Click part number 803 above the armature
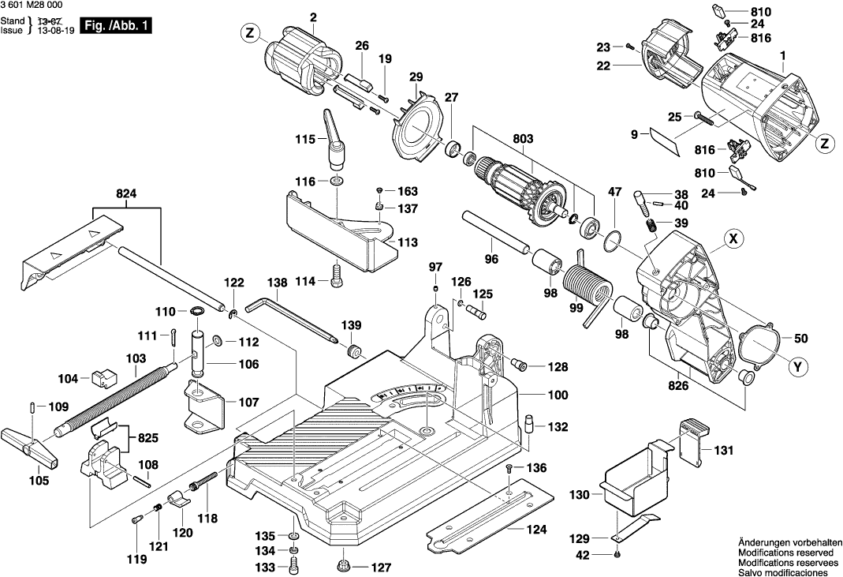(522, 139)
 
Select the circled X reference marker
(734, 237)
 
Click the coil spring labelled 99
(584, 287)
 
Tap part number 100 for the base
(536, 393)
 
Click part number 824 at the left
(126, 192)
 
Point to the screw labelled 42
(617, 555)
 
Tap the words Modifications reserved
(787, 553)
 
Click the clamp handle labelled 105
(32, 448)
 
